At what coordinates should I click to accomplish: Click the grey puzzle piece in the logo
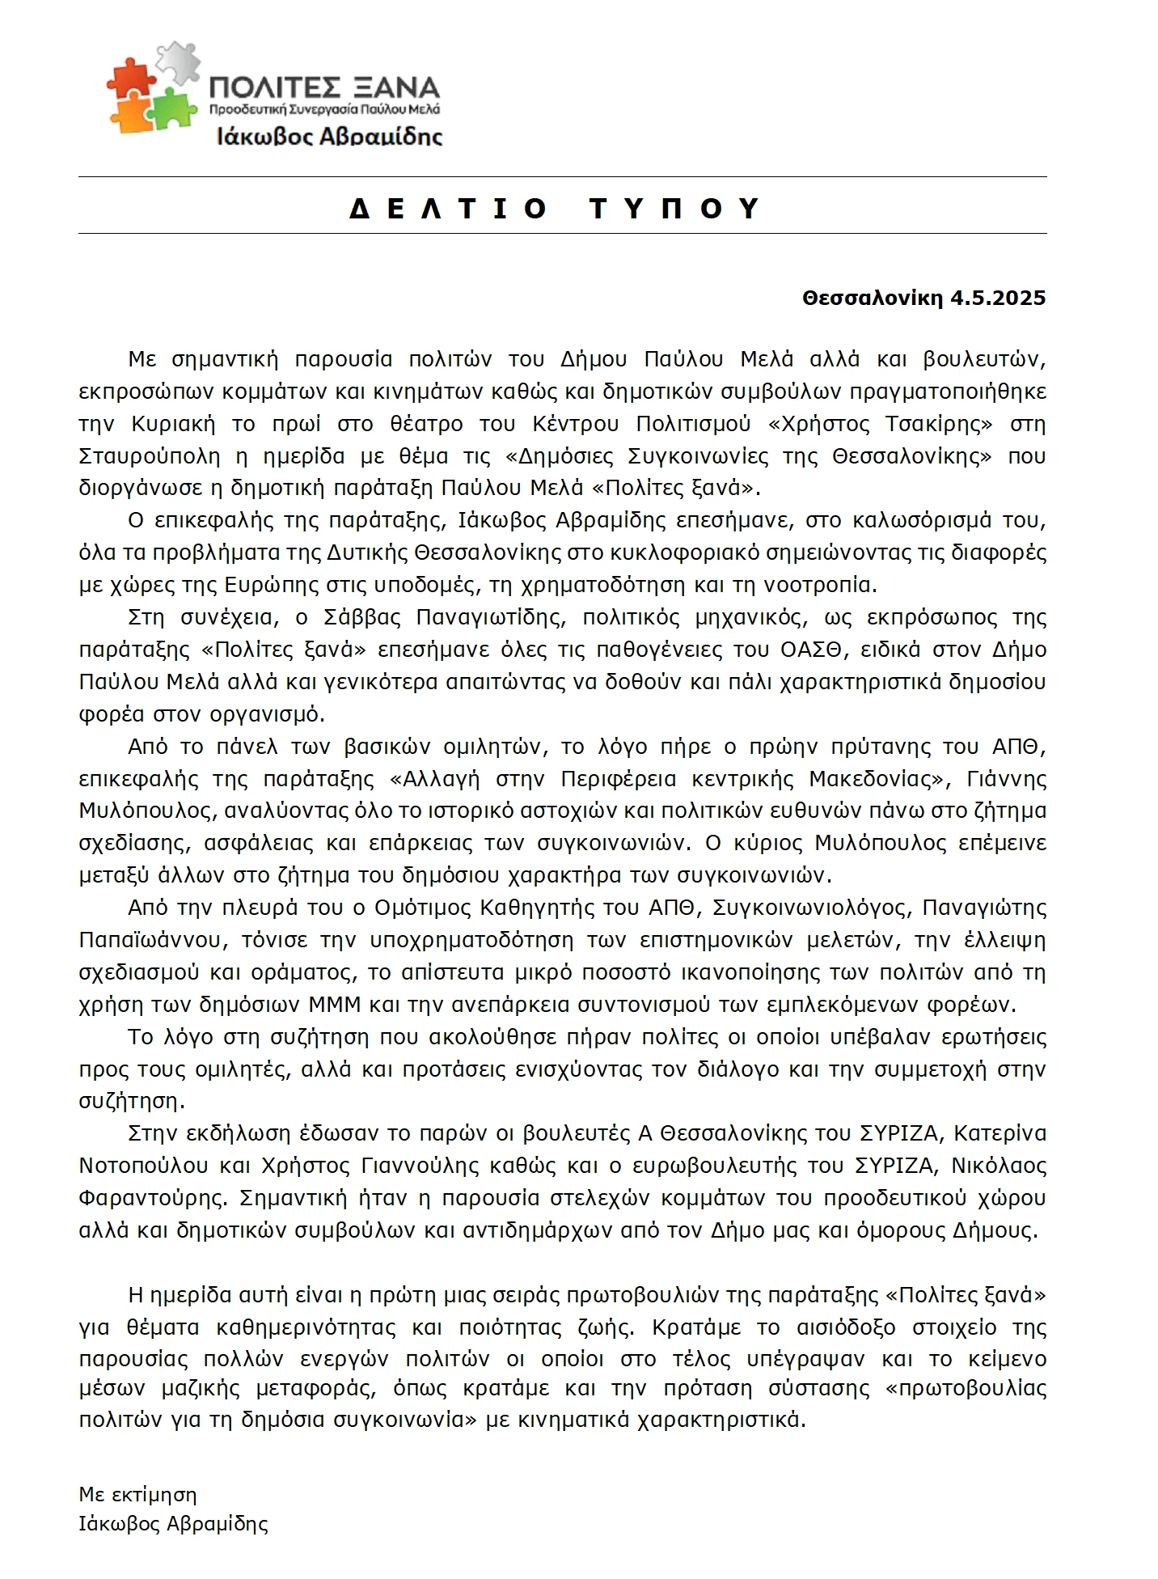[180, 61]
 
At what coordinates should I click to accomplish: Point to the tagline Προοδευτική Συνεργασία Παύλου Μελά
[324, 108]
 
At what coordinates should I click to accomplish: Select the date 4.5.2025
[998, 298]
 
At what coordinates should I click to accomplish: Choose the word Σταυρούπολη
[150, 456]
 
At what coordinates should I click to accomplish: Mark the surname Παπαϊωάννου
[150, 940]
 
